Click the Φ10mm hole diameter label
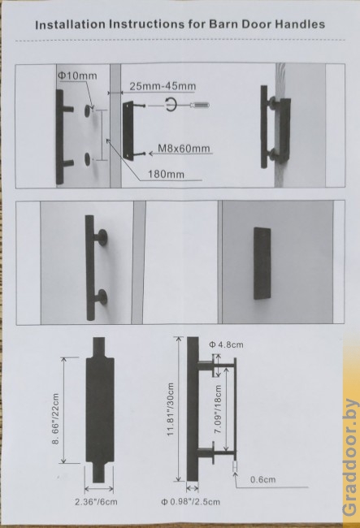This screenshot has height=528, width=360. (x=77, y=76)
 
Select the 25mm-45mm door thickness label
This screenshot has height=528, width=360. (x=163, y=86)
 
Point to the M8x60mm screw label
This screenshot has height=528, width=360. (x=184, y=149)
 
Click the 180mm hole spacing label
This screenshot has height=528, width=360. (x=166, y=174)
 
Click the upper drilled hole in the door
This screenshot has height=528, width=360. (x=89, y=110)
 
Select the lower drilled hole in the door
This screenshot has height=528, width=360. (x=88, y=158)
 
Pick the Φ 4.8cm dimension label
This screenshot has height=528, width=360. (x=226, y=344)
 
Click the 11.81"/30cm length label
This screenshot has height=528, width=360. (x=171, y=409)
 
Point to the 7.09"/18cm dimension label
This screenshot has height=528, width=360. (x=219, y=409)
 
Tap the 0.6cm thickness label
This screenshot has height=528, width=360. (x=263, y=479)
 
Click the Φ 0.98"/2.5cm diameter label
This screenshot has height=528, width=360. (x=191, y=502)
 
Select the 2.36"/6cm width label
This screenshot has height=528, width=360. (x=96, y=502)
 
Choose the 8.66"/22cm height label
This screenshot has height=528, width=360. (x=56, y=418)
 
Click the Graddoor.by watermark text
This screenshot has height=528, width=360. (x=350, y=457)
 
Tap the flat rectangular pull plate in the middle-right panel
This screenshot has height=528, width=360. (x=262, y=263)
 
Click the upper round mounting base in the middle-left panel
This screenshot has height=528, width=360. (x=102, y=238)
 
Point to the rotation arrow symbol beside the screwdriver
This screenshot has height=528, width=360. (x=171, y=105)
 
